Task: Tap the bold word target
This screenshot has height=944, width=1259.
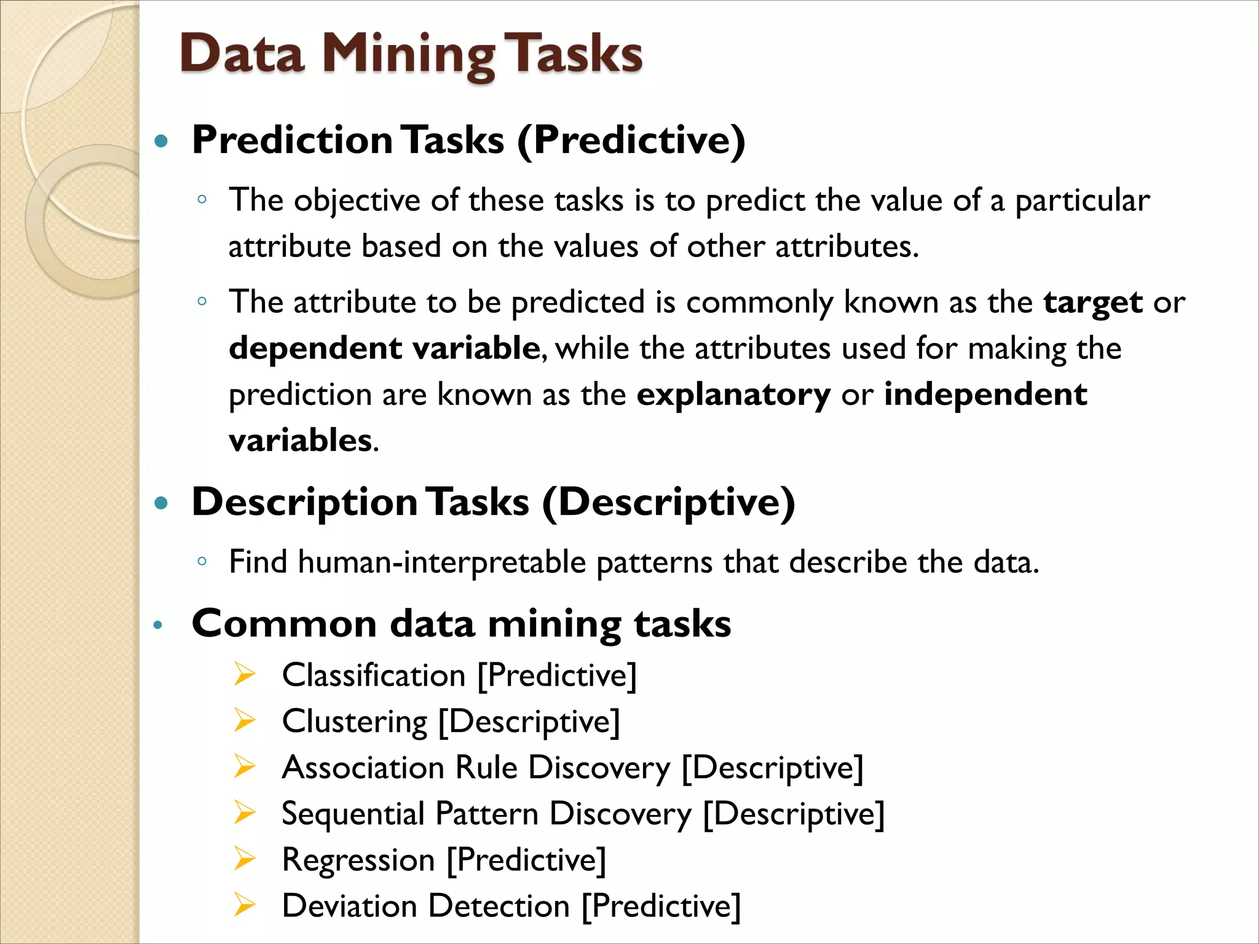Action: [1092, 302]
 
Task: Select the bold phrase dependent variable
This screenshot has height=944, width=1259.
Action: [384, 348]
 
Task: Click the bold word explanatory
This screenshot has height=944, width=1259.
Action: [733, 395]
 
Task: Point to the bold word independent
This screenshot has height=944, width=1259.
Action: [985, 395]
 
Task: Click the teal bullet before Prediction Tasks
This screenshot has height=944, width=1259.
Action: [161, 142]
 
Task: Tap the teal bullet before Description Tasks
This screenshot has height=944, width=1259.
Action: [161, 504]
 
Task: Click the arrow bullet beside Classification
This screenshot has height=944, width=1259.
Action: [244, 675]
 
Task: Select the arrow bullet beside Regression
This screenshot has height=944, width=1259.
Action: [244, 859]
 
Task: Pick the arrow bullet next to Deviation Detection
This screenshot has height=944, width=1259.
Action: [244, 905]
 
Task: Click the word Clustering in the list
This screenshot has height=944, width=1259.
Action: [355, 722]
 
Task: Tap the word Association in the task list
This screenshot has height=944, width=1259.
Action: [363, 768]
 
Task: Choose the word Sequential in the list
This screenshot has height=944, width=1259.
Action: [353, 814]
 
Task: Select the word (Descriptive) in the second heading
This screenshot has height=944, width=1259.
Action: [668, 503]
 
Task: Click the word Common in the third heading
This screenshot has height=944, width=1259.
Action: [284, 624]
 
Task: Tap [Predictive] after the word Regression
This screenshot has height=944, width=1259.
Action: [526, 860]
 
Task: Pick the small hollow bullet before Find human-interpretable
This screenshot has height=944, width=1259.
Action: [202, 560]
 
